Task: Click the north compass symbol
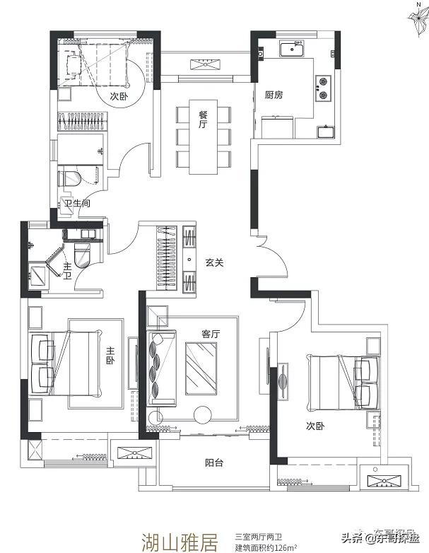[418, 18]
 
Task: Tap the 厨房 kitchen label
[274, 95]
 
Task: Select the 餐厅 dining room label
[203, 120]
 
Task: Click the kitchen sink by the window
[292, 49]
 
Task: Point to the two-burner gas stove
[323, 88]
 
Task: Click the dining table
[203, 137]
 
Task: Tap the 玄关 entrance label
[214, 263]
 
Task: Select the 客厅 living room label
[211, 334]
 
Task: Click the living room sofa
[161, 368]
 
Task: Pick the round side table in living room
[203, 414]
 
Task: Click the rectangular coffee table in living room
[201, 368]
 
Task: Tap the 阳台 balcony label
[214, 462]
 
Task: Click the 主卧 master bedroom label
[111, 356]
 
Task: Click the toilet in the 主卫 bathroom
[83, 256]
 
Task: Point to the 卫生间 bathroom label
[78, 203]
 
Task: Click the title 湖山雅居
[180, 542]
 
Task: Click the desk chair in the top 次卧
[74, 65]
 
